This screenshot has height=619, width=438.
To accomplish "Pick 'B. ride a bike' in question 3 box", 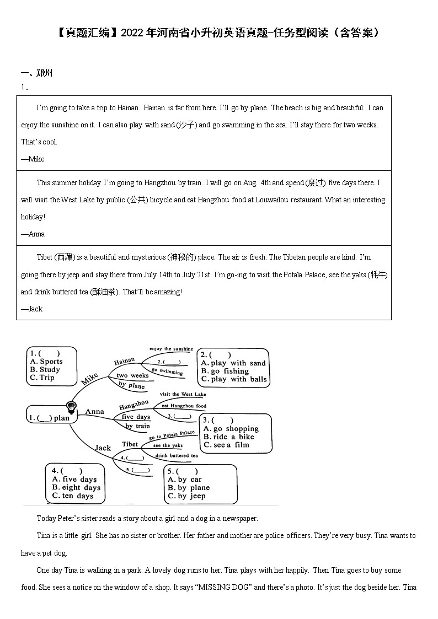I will coord(228,437).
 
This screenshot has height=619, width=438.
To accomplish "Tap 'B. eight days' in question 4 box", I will coord(76,487).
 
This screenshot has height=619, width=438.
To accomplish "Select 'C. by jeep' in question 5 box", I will coord(186,496).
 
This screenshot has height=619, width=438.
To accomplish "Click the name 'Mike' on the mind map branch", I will coord(89,379).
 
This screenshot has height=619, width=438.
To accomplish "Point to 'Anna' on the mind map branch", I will coord(94,411).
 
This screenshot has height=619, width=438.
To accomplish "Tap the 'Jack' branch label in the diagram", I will coord(103,448).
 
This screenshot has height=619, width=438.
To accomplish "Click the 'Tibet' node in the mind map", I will coord(130,444).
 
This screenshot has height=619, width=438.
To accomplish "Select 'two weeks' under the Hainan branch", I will coord(132,375).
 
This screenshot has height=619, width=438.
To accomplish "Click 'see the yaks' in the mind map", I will coord(168,445).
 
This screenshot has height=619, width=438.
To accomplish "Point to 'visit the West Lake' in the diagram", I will coord(183,394).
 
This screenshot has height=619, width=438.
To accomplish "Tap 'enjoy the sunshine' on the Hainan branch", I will coord(171,349).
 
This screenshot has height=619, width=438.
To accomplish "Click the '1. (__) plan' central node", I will coord(49,418).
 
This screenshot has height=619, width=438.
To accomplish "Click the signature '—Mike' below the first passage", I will coord(33,159).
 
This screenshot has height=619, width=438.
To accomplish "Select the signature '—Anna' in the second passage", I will coord(33,234).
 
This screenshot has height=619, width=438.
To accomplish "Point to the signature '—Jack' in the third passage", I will coord(31,309).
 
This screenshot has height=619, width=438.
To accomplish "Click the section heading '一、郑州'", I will coord(36,73).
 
